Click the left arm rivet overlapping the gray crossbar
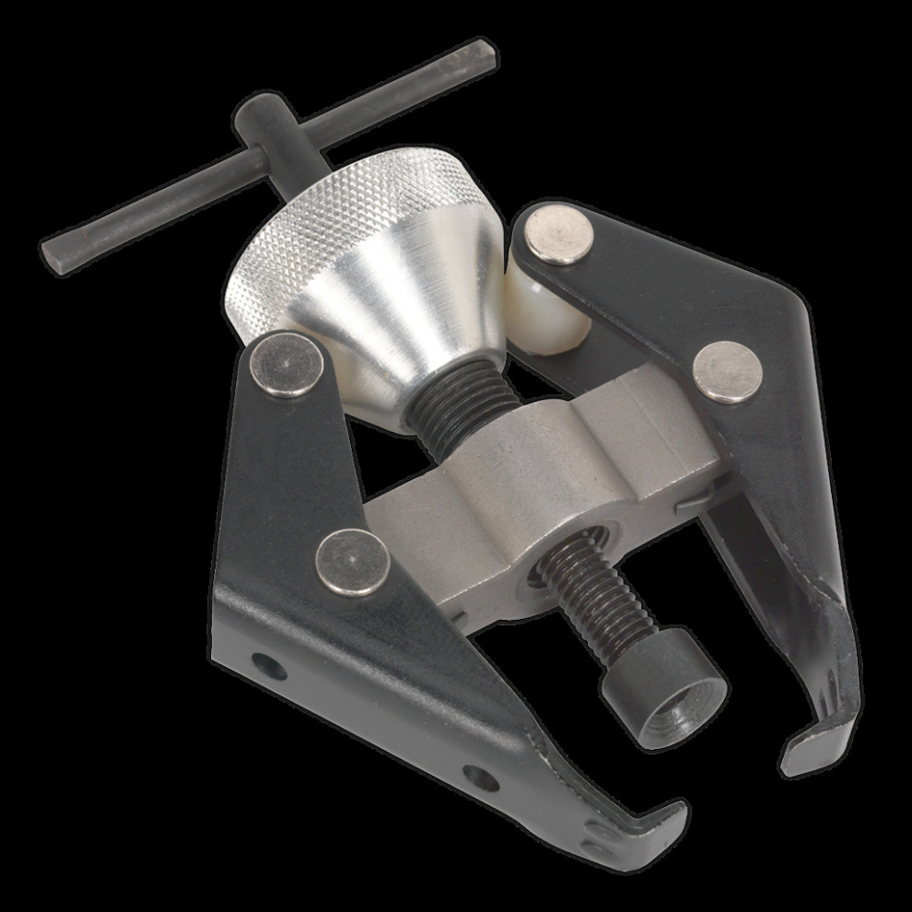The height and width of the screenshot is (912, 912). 352,563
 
